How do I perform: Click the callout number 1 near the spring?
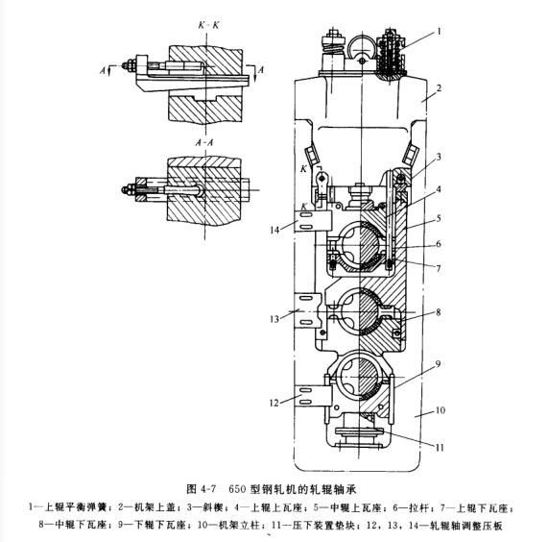439,32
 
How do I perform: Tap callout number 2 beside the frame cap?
439,87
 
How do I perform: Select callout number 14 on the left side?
275,230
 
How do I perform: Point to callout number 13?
274,319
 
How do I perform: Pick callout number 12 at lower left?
274,403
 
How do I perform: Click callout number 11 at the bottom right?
440,448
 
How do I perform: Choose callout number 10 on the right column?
440,410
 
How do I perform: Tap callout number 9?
438,364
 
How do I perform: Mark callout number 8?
439,312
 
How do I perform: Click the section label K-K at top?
208,25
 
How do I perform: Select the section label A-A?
204,142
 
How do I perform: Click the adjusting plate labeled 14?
313,221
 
